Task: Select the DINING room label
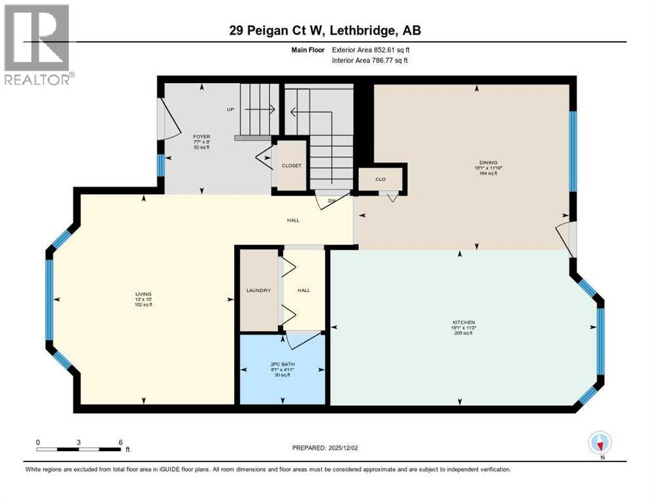point(488,163)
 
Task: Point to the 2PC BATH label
point(282,364)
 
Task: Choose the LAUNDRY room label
point(258,290)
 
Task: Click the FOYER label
point(201,137)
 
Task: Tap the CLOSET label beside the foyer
point(292,165)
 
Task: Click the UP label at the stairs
point(230,109)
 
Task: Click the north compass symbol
point(600,443)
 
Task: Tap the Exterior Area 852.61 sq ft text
point(371,50)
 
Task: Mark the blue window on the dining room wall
point(572,150)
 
